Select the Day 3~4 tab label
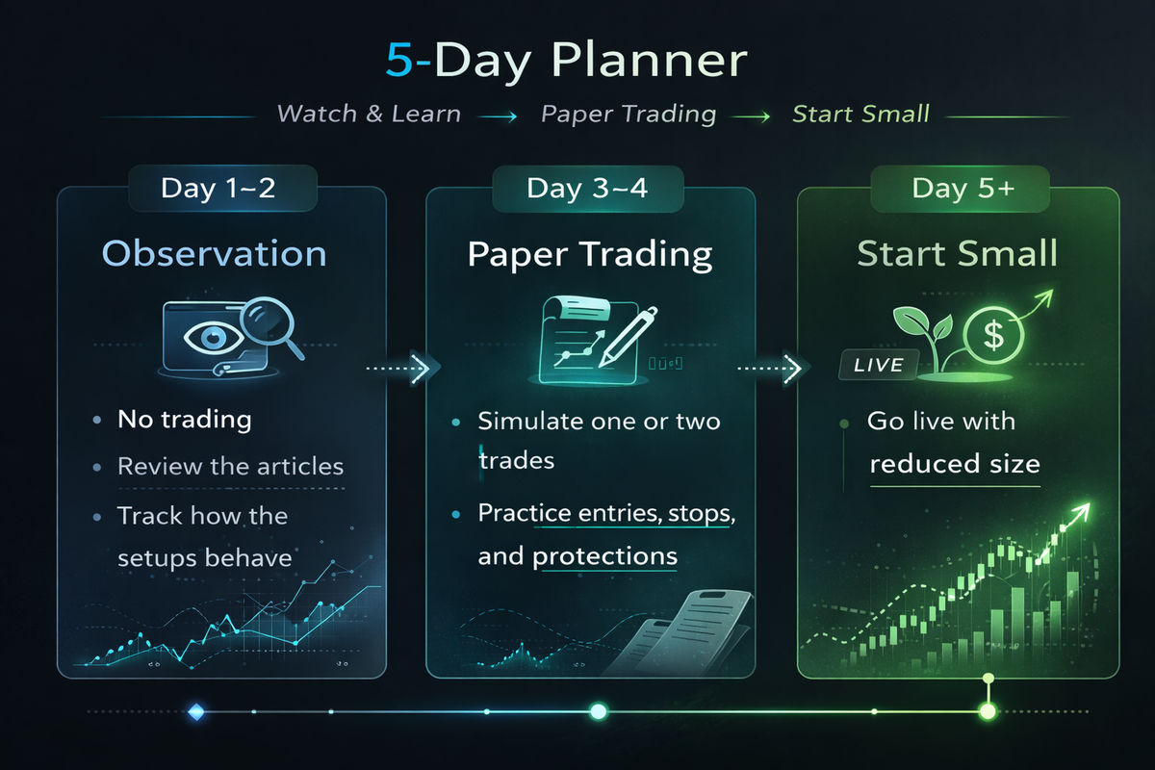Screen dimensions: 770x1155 tap(587, 188)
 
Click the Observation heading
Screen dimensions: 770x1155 tap(214, 254)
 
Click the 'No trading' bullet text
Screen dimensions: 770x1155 tap(184, 420)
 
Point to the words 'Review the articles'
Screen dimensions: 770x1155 tap(230, 467)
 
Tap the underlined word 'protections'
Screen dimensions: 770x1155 tap(604, 556)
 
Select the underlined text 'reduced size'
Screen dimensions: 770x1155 tap(955, 464)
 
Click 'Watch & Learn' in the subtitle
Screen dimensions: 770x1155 tap(369, 115)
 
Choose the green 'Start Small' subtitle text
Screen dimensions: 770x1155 tap(860, 115)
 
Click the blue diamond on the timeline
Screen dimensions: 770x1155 tap(196, 712)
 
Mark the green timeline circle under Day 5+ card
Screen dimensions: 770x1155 tap(987, 712)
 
